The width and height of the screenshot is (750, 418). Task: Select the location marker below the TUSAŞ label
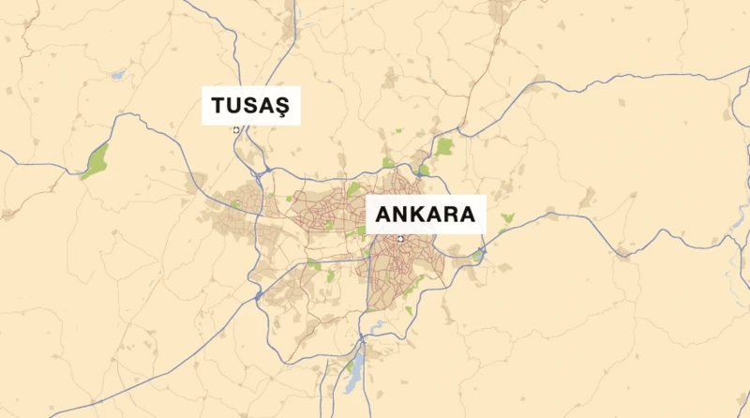tap(236, 130)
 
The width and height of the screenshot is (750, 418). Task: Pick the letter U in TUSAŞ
tap(233, 107)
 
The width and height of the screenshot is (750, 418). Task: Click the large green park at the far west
tap(95, 161)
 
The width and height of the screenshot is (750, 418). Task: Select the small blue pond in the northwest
tap(118, 74)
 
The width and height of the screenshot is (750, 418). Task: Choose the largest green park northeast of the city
tap(443, 147)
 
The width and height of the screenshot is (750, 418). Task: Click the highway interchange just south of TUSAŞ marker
tap(266, 172)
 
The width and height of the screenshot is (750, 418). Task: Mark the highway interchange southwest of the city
tap(258, 296)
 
